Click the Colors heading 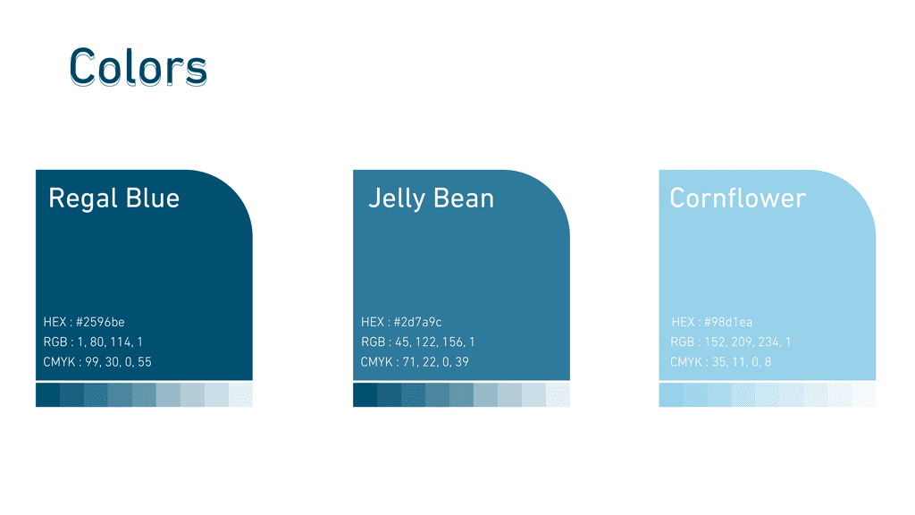click(139, 67)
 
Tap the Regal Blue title click(113, 198)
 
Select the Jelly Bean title click(432, 198)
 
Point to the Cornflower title click(737, 198)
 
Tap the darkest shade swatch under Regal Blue click(48, 394)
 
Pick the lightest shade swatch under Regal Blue click(240, 394)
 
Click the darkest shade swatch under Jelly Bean click(365, 394)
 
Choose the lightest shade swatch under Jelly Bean click(558, 394)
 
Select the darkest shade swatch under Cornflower click(671, 394)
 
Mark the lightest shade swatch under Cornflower click(864, 394)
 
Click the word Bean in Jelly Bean click(464, 198)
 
